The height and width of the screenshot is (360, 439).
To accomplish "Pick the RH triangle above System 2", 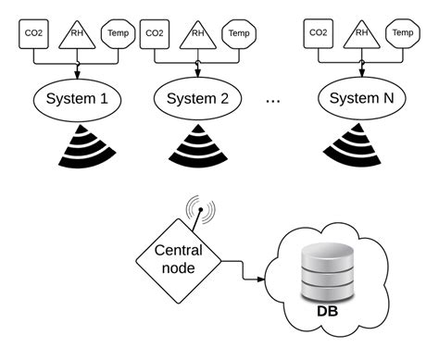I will [196, 34].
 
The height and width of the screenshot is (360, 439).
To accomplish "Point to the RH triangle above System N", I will [360, 34].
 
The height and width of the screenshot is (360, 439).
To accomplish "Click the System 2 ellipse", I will [197, 95].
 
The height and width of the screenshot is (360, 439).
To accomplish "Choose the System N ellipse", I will [361, 95].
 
